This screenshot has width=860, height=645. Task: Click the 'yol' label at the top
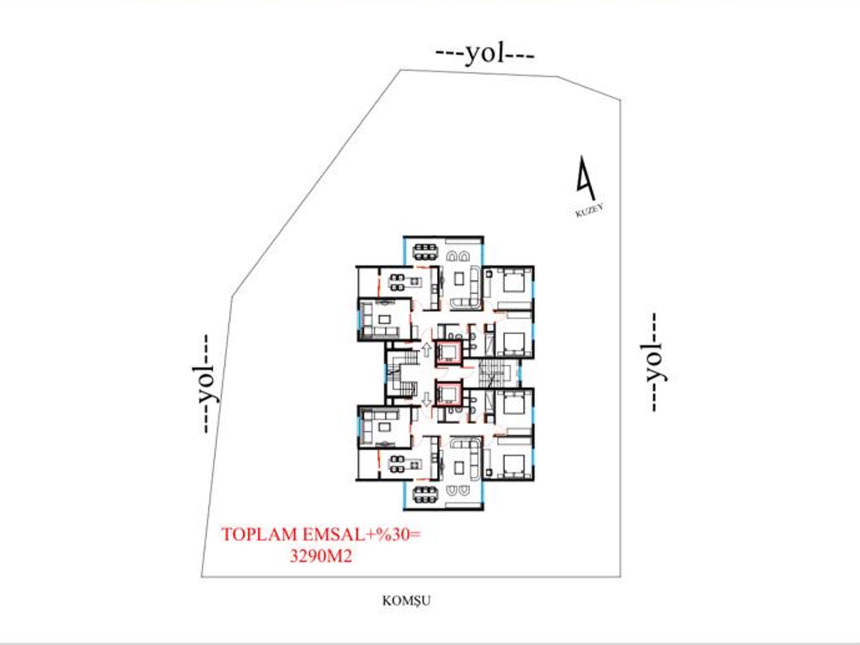click(485, 54)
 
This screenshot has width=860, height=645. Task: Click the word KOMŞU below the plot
click(406, 601)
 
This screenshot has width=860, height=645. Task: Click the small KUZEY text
click(589, 210)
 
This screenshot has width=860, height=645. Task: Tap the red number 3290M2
click(321, 556)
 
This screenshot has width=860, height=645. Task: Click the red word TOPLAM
click(259, 534)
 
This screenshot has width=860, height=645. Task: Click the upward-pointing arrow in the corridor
click(426, 349)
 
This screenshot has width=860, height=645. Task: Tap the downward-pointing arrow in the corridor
click(426, 399)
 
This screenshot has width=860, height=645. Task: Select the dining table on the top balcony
click(425, 252)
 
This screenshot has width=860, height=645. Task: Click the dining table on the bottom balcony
click(425, 495)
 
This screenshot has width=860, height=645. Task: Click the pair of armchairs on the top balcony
click(457, 256)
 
